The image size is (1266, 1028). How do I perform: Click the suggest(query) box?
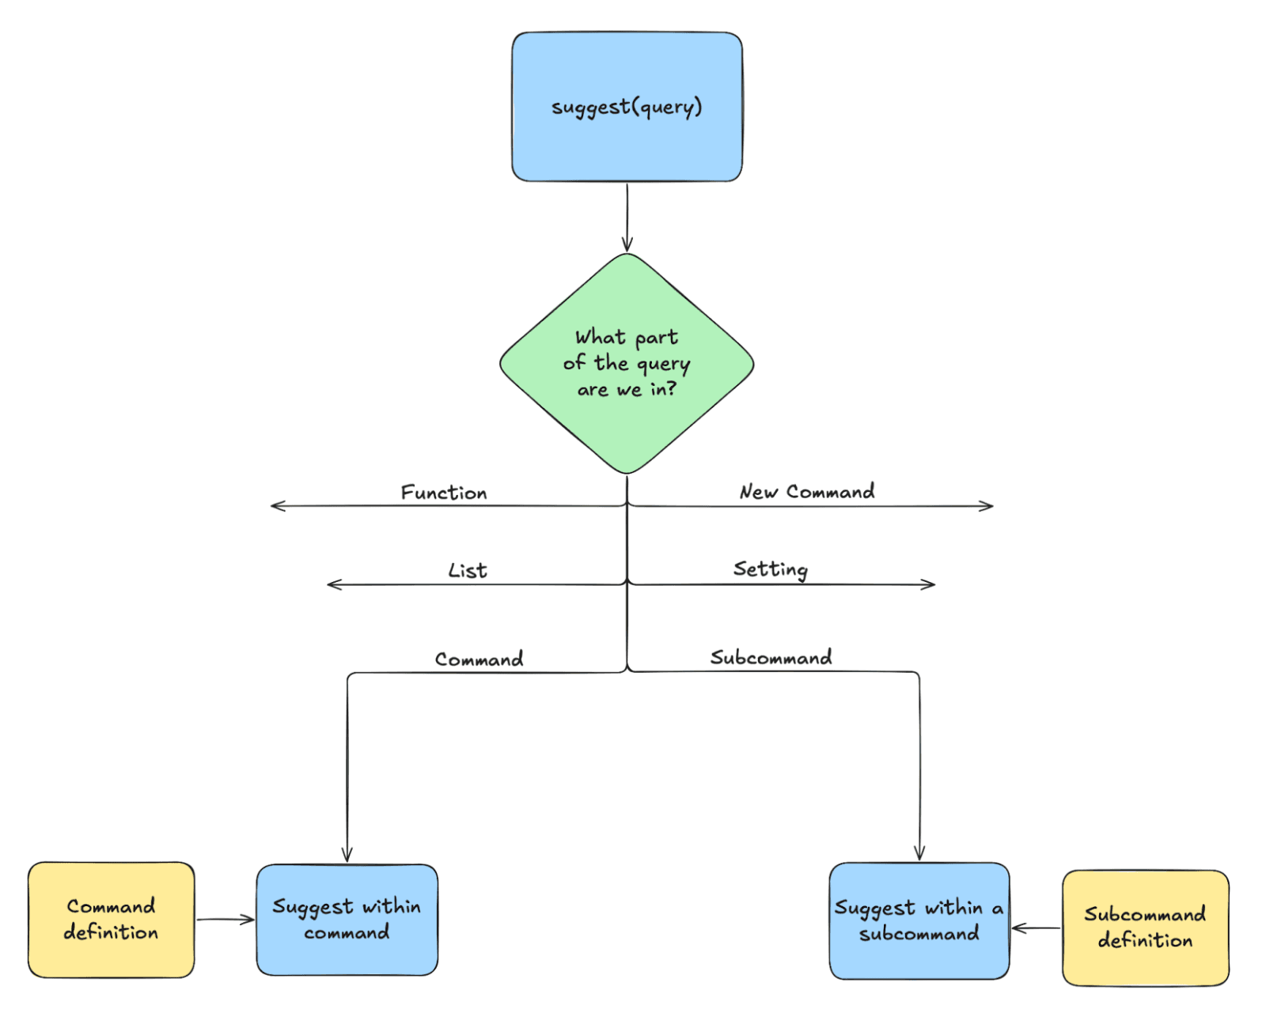[x=627, y=107]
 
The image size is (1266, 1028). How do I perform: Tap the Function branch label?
[x=444, y=493]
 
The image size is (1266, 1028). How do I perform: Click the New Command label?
[x=807, y=492]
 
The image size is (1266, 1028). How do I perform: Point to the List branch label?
[x=468, y=571]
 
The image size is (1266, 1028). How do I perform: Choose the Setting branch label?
[x=770, y=569]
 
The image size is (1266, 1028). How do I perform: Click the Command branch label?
[x=479, y=660]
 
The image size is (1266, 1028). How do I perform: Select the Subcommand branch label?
[x=771, y=657]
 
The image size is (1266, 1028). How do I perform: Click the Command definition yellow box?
[x=111, y=920]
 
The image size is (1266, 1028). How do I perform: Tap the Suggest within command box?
[x=347, y=920]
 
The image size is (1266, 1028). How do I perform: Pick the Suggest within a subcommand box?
[x=919, y=921]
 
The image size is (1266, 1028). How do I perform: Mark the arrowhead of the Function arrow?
[x=274, y=505]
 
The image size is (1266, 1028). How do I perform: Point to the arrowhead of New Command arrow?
[x=990, y=506]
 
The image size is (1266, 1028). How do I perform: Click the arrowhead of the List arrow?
[x=331, y=584]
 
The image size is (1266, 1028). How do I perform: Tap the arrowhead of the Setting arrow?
[x=931, y=584]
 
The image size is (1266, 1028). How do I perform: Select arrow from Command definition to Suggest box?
[x=226, y=920]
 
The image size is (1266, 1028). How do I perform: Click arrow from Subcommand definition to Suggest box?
[x=1036, y=928]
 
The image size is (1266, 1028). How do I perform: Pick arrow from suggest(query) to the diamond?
[x=627, y=217]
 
